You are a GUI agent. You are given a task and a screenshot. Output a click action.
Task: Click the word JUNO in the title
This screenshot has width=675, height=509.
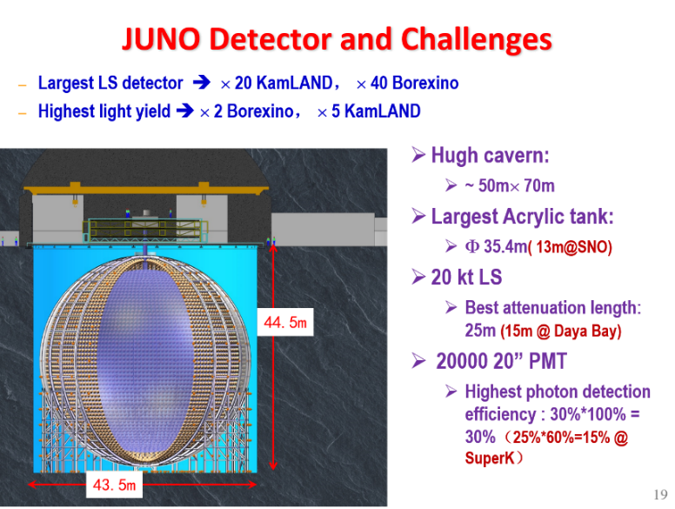tap(162, 39)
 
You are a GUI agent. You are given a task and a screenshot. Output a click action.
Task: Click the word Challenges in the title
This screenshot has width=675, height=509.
tap(476, 40)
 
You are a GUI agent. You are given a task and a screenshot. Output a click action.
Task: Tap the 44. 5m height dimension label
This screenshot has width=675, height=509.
tap(285, 322)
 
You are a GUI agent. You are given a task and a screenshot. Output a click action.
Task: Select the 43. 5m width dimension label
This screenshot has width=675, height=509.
tap(114, 485)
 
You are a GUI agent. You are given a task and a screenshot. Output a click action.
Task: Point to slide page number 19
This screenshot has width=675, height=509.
tap(660, 494)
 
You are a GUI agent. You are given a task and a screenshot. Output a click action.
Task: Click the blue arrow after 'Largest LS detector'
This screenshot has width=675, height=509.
tap(202, 82)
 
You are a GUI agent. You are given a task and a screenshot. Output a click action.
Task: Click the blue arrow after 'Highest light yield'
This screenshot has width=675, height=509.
tap(185, 111)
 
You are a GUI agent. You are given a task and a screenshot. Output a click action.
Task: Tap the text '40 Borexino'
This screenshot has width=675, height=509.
tap(414, 83)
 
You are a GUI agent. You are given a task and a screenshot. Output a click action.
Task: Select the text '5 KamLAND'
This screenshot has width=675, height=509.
tap(376, 111)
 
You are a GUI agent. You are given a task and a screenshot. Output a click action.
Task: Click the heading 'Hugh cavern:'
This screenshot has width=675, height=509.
tap(490, 155)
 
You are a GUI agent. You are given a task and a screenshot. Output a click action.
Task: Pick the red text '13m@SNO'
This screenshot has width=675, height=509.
tap(571, 247)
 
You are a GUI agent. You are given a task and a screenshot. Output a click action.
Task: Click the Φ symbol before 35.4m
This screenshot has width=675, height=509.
tap(472, 247)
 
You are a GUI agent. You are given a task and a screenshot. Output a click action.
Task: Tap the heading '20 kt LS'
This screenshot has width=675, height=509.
tap(466, 277)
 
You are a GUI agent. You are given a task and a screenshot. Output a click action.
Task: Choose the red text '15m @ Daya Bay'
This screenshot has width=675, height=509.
tap(561, 331)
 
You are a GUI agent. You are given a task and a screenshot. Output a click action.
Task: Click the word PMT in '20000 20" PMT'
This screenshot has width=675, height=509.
tap(548, 361)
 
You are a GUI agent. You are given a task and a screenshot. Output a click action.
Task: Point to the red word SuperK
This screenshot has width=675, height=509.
tap(490, 458)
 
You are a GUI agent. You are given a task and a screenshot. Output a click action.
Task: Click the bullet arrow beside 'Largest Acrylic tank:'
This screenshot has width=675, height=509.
tap(418, 216)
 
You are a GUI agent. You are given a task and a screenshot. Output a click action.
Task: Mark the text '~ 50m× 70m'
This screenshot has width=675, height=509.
tap(510, 185)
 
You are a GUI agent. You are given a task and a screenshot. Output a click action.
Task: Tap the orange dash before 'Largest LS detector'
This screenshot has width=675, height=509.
tap(23, 85)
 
